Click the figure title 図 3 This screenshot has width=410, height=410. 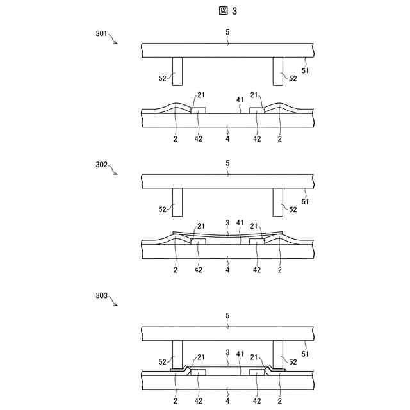(x=229, y=11)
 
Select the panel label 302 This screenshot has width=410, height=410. (x=102, y=164)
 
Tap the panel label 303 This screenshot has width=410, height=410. (x=102, y=297)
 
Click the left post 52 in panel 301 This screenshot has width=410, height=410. (x=177, y=71)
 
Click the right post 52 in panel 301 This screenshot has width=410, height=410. (x=278, y=71)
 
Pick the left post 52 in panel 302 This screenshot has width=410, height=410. (x=177, y=202)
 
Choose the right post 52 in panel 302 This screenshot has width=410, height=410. (x=278, y=202)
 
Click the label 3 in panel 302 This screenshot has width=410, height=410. (x=227, y=222)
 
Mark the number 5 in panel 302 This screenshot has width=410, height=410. (x=228, y=163)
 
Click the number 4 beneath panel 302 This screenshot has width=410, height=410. (x=228, y=269)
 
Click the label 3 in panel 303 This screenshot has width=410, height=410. (x=227, y=352)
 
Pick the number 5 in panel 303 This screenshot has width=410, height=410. (x=228, y=315)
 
